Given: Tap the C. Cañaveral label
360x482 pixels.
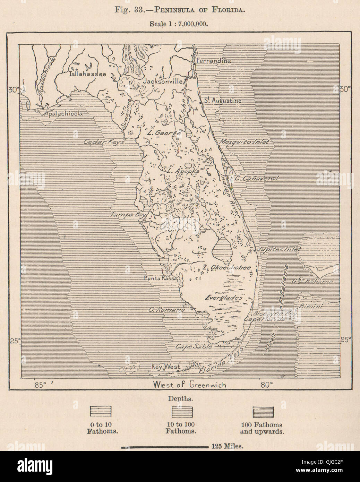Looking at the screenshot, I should click(x=257, y=178).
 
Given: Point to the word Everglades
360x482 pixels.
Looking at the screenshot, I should click(x=223, y=298).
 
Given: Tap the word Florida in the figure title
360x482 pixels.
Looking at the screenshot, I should click(x=232, y=10).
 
